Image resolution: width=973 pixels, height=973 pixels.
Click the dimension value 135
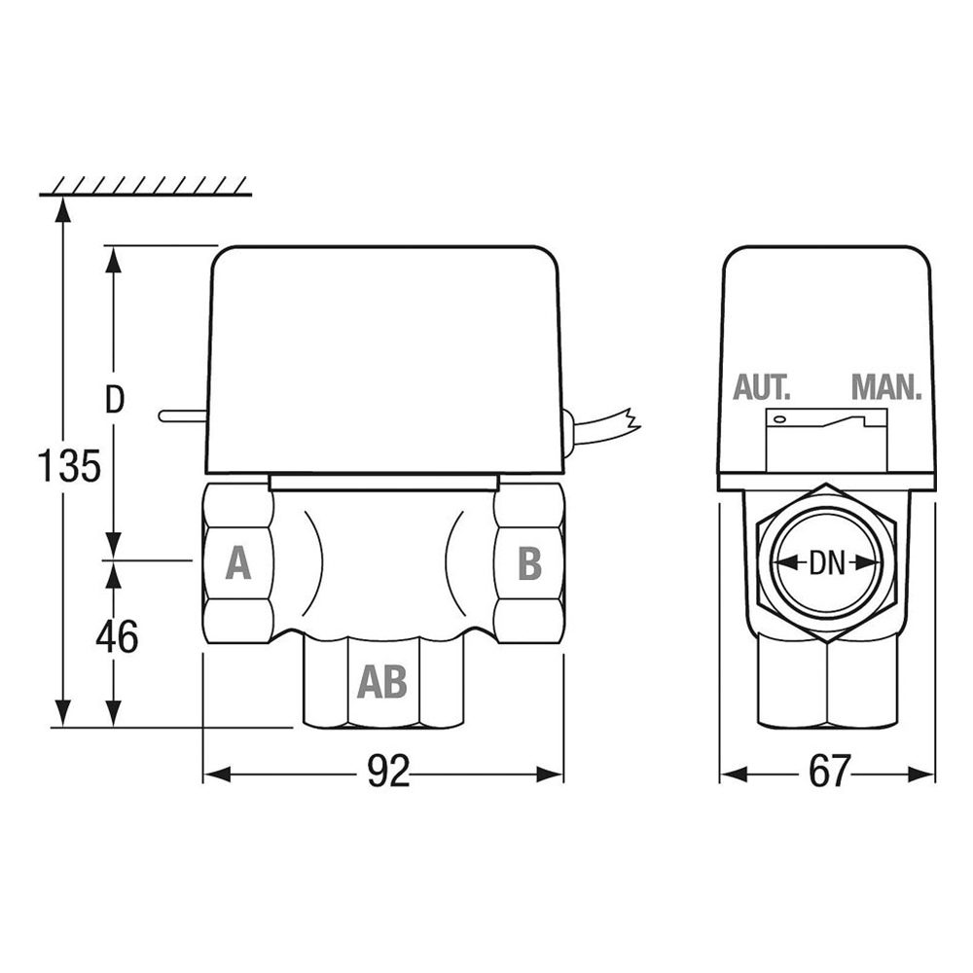(x=69, y=467)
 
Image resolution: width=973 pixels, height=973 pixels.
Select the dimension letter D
(x=115, y=401)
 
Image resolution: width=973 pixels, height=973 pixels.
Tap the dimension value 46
(x=116, y=636)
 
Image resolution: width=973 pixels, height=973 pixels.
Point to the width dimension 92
(x=387, y=774)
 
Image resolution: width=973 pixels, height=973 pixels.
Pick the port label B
(x=528, y=562)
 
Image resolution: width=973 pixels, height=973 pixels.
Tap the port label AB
(x=381, y=682)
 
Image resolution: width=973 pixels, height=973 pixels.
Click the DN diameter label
(x=827, y=562)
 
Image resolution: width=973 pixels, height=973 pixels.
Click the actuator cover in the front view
(x=387, y=360)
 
